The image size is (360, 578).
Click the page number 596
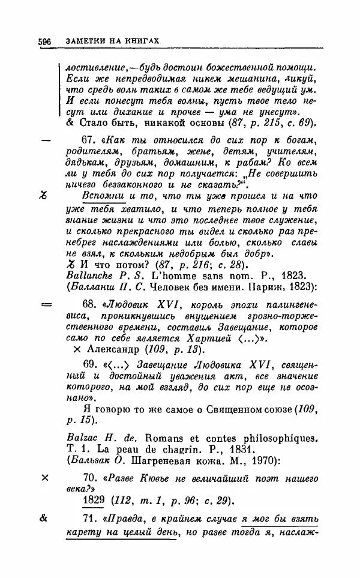click(x=44, y=40)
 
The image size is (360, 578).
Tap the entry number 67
click(x=89, y=139)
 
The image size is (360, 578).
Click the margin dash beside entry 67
click(x=44, y=139)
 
